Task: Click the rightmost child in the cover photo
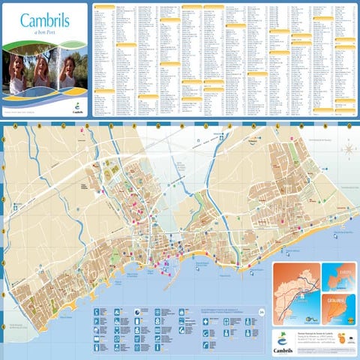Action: [67, 75]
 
